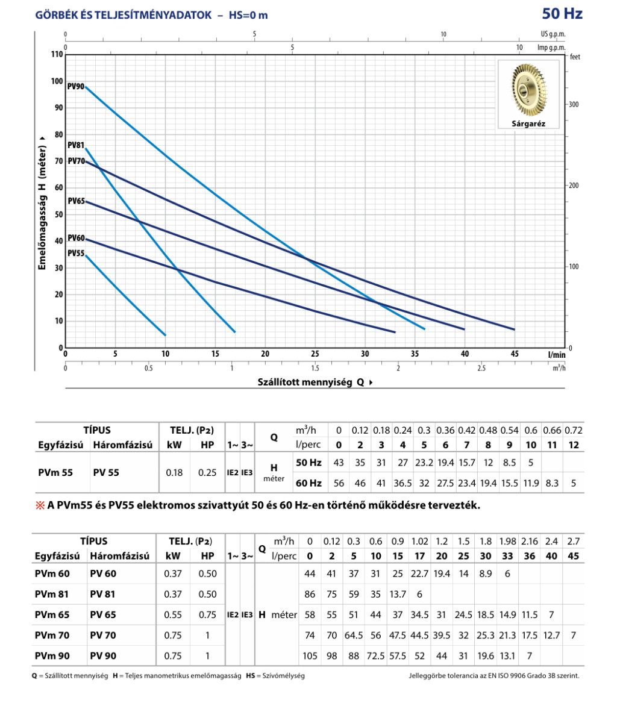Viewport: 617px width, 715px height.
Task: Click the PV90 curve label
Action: coord(76,86)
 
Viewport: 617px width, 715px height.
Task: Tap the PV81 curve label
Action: coord(76,145)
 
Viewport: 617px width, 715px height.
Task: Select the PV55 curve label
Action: coord(76,253)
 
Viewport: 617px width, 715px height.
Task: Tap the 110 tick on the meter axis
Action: coord(57,55)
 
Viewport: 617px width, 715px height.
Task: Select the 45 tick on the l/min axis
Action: coord(515,354)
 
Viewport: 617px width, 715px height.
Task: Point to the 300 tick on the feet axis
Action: coord(574,104)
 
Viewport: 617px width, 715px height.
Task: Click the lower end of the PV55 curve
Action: coord(164,335)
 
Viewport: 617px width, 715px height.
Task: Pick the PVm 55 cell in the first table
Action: coord(53,473)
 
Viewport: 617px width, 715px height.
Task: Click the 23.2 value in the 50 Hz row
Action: coord(424,462)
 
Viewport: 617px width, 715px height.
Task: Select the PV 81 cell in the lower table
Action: coord(103,594)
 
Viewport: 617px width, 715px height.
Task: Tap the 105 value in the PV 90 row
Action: coord(310,655)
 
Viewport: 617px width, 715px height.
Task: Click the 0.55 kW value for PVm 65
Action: coord(173,615)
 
